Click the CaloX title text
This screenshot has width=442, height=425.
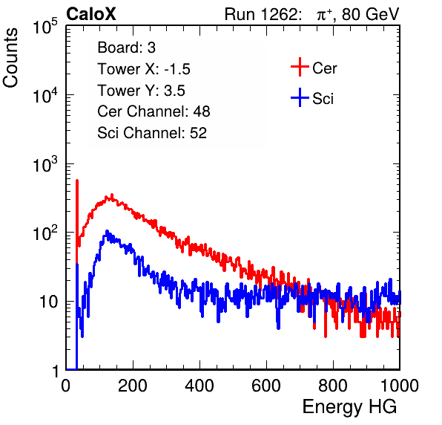[90, 14]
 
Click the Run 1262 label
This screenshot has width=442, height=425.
[261, 14]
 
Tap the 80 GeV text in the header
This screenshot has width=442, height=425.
[370, 14]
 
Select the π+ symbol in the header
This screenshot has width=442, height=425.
[324, 15]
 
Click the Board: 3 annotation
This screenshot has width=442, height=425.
[126, 48]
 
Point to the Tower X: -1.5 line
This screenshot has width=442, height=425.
[144, 69]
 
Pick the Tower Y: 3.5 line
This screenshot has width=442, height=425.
[141, 91]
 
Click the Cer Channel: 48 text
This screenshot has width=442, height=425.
[154, 111]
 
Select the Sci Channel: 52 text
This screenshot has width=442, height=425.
[152, 133]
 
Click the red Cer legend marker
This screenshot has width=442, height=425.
[300, 67]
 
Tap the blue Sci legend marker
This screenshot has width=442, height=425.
[300, 98]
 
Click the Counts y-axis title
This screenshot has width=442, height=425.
[10, 58]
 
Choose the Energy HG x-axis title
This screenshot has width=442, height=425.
[349, 407]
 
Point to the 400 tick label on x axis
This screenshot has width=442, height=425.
[199, 386]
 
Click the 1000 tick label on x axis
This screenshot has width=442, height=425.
[399, 386]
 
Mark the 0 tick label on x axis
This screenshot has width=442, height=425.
[66, 386]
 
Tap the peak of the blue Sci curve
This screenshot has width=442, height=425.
[107, 232]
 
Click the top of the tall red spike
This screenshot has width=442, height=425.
[77, 180]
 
